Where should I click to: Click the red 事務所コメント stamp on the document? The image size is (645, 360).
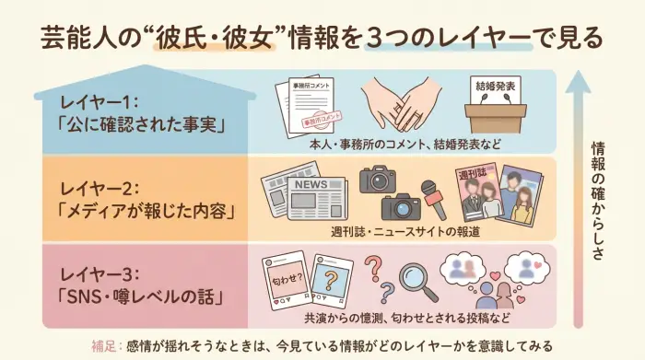tap(322, 118)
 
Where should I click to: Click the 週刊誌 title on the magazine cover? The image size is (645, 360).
tap(475, 174)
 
